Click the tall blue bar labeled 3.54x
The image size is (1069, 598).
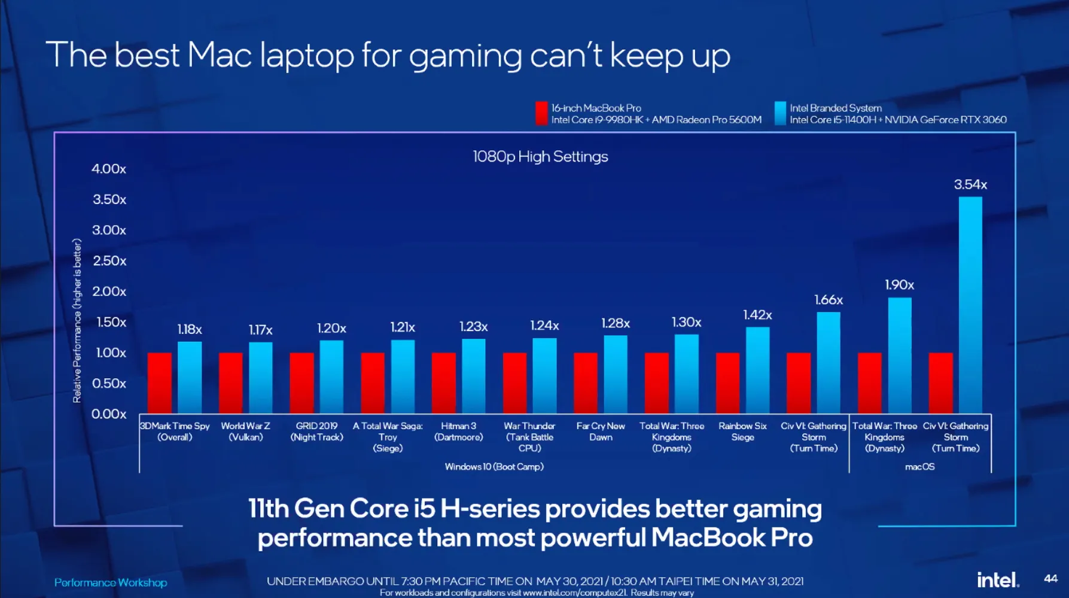click(x=970, y=305)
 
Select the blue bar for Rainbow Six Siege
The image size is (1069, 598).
click(x=757, y=370)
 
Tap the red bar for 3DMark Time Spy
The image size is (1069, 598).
click(x=160, y=383)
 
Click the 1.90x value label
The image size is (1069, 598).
click(x=899, y=285)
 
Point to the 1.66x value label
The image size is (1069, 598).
click(x=829, y=300)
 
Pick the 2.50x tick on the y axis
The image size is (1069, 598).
click(x=109, y=261)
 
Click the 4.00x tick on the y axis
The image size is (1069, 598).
click(x=109, y=169)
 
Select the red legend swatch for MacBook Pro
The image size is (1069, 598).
click(x=541, y=113)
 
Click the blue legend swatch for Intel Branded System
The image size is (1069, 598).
click(x=780, y=113)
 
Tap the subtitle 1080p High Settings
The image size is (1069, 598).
click(x=540, y=157)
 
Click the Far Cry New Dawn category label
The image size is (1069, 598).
click(x=601, y=432)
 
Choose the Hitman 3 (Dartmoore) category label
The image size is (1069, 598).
click(x=459, y=432)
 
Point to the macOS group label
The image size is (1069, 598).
click(x=919, y=466)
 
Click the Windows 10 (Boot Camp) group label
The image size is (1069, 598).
click(x=494, y=466)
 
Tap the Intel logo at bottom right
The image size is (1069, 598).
click(x=997, y=579)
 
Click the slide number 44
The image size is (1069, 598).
click(x=1050, y=578)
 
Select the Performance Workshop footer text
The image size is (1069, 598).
click(x=111, y=582)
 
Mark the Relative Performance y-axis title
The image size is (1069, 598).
click(x=77, y=320)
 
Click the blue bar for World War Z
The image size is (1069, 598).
click(x=261, y=378)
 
